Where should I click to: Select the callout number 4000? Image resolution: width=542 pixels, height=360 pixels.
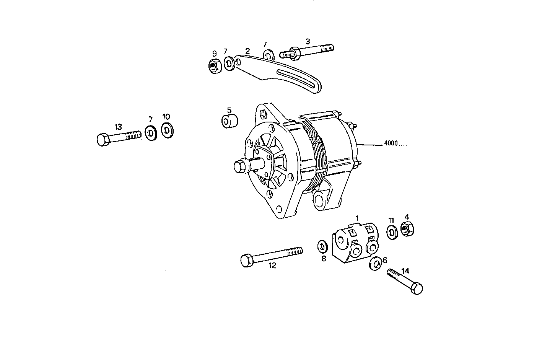pos(391,144)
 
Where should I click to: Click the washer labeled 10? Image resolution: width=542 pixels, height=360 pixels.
pos(167,130)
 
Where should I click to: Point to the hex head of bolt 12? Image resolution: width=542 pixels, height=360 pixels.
pos(247,261)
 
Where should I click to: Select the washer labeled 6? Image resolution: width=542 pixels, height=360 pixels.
pos(375,263)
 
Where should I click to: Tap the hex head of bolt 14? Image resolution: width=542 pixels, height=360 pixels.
pos(417,288)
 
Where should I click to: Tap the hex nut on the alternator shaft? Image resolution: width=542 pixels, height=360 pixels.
pos(239,166)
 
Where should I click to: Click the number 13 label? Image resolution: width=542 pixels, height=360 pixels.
pos(118,126)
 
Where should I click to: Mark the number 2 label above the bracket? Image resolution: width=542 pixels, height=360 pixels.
pos(247,51)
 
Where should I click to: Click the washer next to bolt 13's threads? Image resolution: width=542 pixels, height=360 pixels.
pos(151,133)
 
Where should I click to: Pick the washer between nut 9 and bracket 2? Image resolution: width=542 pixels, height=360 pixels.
pos(229,64)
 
